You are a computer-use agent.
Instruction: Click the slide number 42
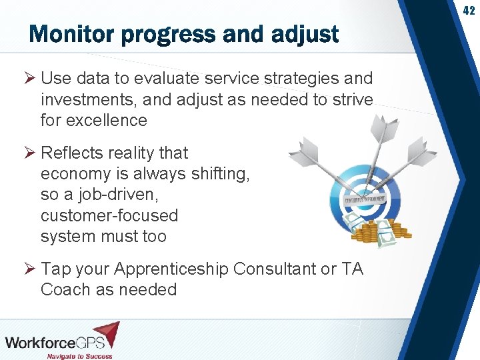pos(469,11)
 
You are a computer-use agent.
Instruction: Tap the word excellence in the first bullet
pos(103,121)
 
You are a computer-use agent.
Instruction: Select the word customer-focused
pos(109,215)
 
